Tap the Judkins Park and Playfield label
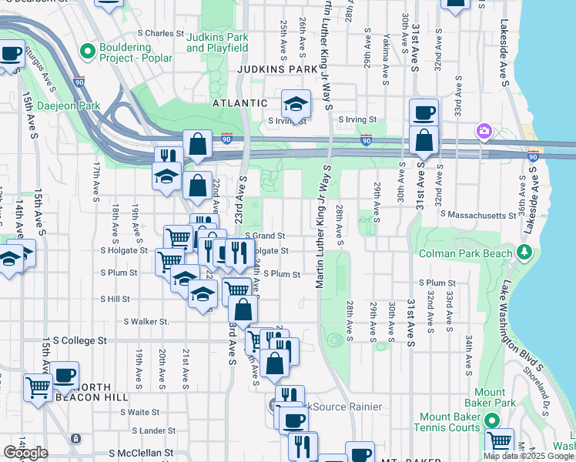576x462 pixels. coord(217,42)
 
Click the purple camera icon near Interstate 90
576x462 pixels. coord(484,130)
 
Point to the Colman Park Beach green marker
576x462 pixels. coord(524,252)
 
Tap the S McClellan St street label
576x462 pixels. coord(141,454)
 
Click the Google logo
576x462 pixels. coord(25,453)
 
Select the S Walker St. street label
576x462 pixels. coord(146,321)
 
